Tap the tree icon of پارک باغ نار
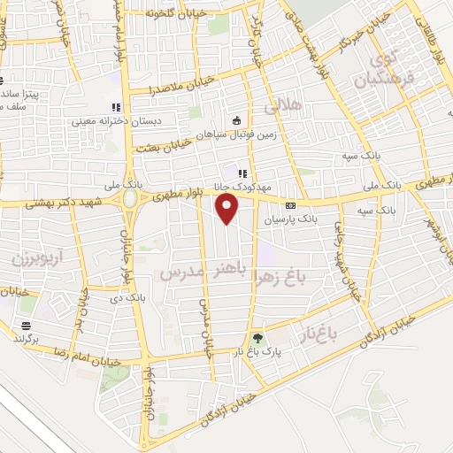(257, 339)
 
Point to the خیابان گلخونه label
(162, 13)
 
